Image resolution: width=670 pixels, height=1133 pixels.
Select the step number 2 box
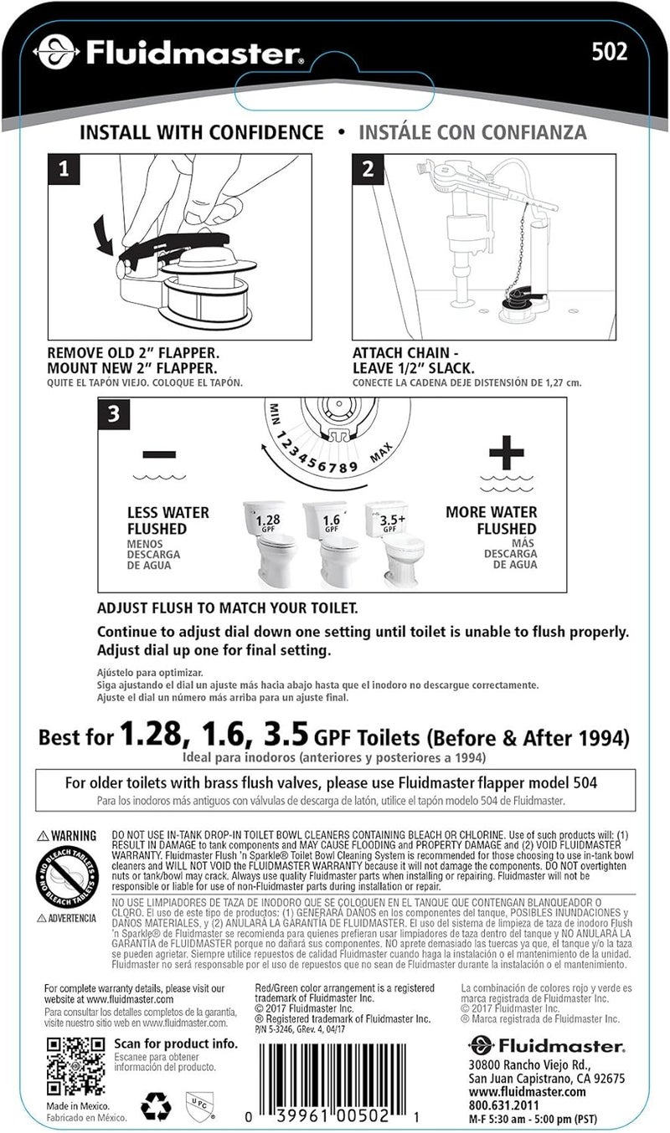368,171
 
